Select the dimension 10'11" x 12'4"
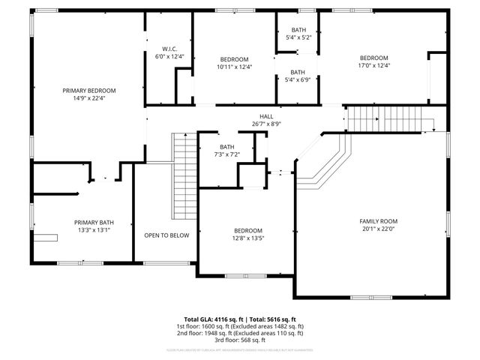[x=235, y=67]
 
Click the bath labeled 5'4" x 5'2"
[x=298, y=37]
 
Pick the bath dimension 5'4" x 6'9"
[x=298, y=80]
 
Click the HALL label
[x=266, y=116]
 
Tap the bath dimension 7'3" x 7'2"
[x=227, y=154]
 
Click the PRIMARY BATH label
[x=94, y=222]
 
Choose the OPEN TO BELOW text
[x=166, y=235]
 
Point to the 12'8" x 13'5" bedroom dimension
[x=247, y=238]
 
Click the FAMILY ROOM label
[x=378, y=221]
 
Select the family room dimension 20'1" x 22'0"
[x=378, y=229]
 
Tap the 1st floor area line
[x=239, y=327]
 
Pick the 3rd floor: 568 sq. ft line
[x=239, y=342]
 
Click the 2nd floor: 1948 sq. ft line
[x=239, y=334]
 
